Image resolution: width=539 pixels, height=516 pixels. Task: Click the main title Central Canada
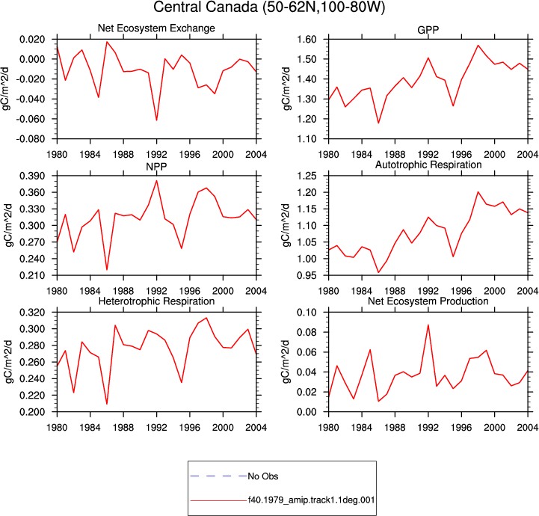pos(206,7)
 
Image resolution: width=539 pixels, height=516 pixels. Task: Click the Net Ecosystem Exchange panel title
pos(156,28)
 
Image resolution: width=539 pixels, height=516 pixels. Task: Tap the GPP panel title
pos(428,30)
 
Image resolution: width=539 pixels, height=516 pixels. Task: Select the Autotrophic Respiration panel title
pos(428,165)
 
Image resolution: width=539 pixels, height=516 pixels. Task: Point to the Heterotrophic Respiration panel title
pos(156,301)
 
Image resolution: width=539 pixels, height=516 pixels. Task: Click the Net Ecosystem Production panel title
pos(428,301)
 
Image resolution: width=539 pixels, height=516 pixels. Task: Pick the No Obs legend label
pos(263,476)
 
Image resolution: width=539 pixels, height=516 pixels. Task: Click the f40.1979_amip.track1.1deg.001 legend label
pos(312,500)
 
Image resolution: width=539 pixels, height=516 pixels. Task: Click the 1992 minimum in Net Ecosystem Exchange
pos(157,120)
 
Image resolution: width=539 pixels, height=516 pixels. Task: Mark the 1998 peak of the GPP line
pos(478,46)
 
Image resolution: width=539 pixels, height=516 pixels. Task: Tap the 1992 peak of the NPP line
pos(157,180)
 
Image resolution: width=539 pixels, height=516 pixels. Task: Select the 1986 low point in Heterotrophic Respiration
pos(107,404)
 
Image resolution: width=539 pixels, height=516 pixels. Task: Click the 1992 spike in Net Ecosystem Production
pos(428,325)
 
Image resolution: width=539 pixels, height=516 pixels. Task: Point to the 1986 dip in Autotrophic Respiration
pos(378,272)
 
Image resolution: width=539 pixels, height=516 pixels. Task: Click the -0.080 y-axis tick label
pos(31,139)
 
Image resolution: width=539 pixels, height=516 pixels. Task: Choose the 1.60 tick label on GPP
pos(307,39)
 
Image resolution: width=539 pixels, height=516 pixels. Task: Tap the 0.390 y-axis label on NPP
pos(32,176)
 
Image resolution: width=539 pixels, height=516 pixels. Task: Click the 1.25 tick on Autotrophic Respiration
pos(307,176)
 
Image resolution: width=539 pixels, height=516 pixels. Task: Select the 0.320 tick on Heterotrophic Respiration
pos(32,313)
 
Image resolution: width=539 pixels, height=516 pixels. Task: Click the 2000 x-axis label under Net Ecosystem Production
pos(495,427)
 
